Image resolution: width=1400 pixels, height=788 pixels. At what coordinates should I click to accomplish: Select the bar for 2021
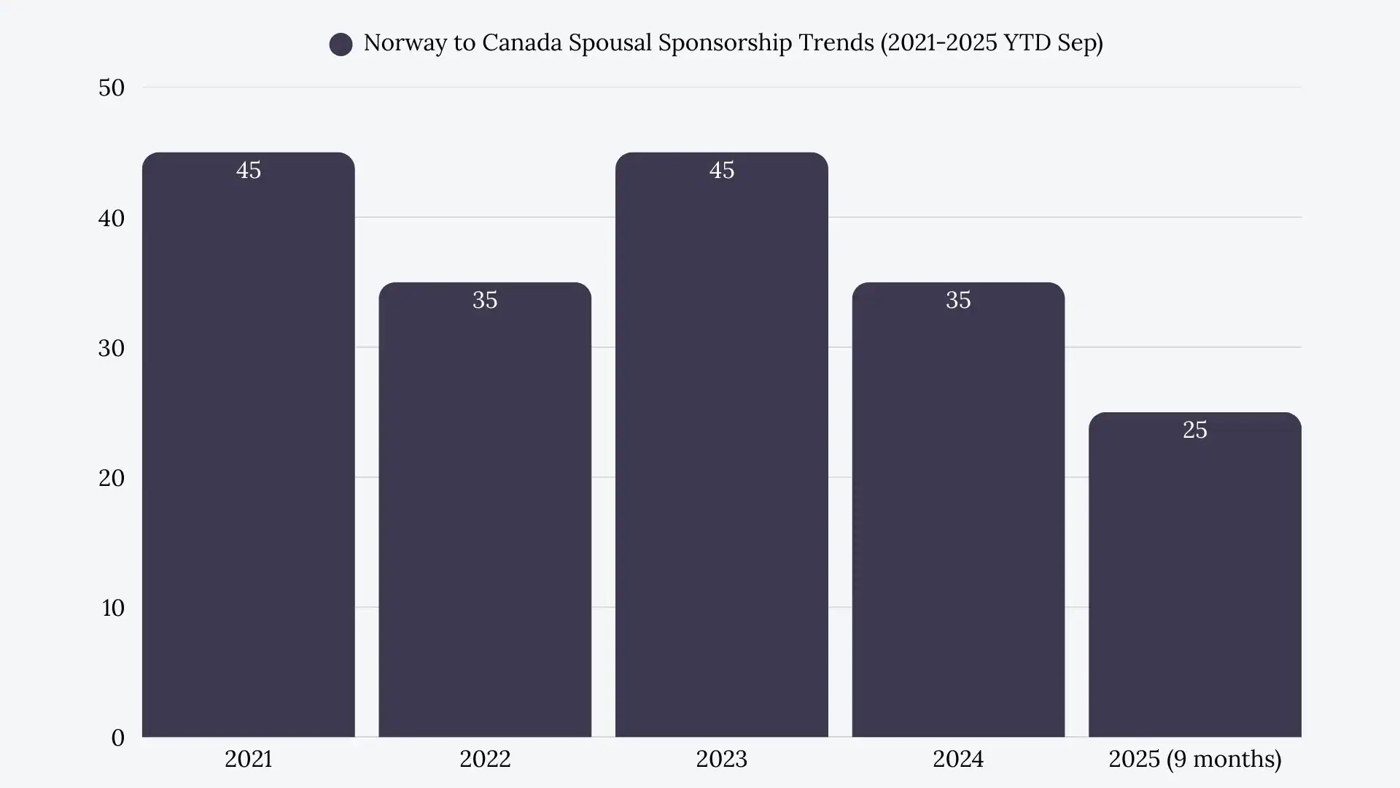click(248, 445)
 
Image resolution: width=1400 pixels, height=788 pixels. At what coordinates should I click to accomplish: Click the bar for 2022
click(485, 511)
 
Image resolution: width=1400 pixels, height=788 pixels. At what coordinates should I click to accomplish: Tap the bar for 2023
click(721, 445)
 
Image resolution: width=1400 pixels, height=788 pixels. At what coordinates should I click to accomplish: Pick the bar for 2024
click(958, 511)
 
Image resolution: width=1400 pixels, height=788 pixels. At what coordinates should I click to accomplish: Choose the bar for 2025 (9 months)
click(1194, 576)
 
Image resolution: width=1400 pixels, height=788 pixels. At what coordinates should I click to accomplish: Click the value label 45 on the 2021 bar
click(249, 170)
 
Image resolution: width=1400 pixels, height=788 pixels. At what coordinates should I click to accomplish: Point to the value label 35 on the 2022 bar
click(485, 300)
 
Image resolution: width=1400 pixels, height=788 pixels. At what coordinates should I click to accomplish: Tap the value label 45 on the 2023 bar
click(722, 170)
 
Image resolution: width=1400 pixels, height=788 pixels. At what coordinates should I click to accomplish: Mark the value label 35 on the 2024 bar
click(958, 300)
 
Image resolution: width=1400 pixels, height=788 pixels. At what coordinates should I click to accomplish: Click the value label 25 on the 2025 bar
click(1194, 430)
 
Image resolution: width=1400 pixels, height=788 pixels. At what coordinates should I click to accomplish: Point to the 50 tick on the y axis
click(112, 88)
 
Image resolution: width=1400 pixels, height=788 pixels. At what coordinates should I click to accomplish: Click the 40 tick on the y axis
click(112, 218)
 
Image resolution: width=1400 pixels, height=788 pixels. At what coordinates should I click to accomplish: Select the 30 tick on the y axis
click(112, 348)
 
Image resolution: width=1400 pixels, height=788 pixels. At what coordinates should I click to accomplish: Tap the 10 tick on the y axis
click(113, 608)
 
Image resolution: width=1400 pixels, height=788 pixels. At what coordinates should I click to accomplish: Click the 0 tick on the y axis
click(118, 738)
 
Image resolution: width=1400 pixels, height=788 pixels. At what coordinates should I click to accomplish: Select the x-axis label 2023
click(721, 759)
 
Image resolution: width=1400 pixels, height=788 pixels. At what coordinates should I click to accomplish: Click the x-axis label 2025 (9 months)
click(1194, 759)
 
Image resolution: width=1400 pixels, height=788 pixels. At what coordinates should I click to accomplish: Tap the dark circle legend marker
click(341, 45)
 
